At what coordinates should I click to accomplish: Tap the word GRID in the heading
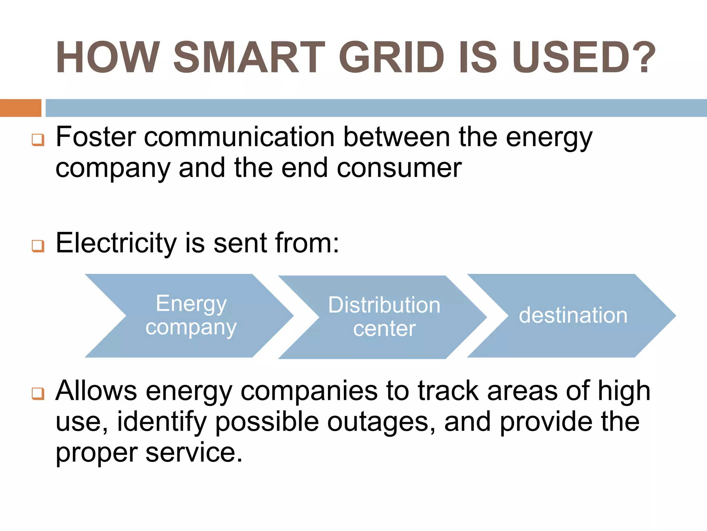coord(391,57)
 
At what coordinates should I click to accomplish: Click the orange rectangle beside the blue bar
coord(20,108)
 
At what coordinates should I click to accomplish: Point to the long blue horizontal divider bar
coord(376,108)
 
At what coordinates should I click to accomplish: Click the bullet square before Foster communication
coord(38,140)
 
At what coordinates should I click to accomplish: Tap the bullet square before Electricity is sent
coord(38,246)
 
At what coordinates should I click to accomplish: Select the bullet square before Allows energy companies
coord(38,393)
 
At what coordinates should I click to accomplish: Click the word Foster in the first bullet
coord(96,137)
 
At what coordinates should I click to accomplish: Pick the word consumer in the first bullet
coord(399,168)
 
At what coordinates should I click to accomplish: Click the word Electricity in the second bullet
coord(116,243)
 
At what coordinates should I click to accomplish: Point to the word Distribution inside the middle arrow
coord(384,305)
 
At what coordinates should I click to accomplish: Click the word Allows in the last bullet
coord(96,391)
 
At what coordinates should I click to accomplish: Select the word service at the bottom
coord(194,452)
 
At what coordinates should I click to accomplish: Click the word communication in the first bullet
coord(239,137)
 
